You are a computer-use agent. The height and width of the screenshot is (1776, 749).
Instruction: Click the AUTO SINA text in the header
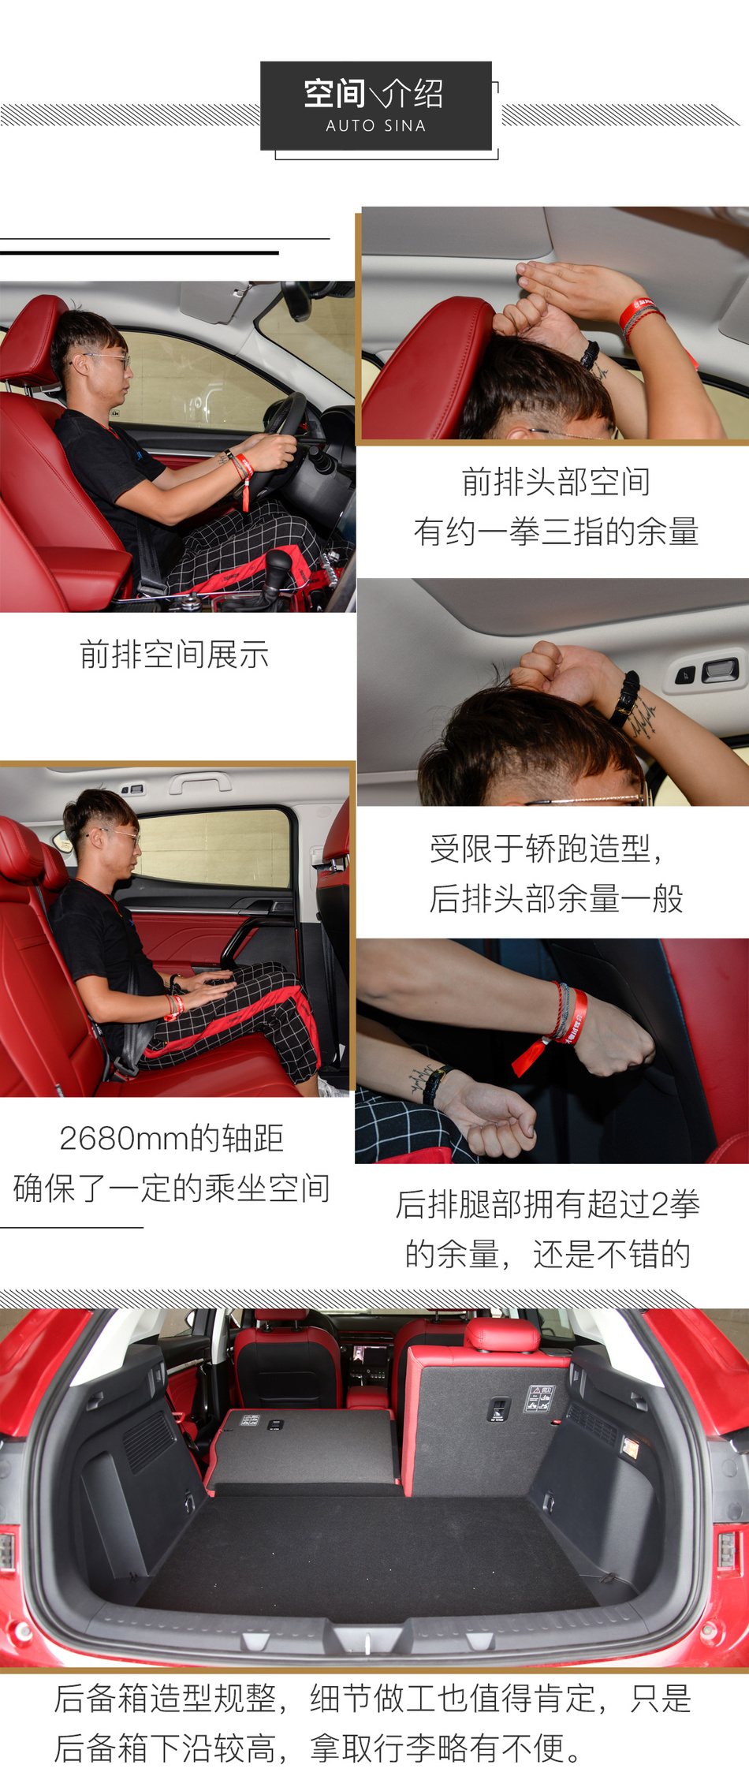376,125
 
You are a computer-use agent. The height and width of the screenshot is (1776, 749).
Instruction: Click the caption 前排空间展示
174,655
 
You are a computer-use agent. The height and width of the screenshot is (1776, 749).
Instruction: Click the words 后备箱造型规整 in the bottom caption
165,1698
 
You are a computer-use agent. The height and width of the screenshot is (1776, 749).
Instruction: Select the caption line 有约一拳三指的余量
556,532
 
